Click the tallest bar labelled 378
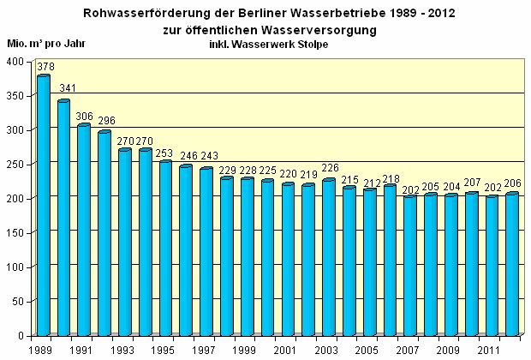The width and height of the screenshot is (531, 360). point(43,206)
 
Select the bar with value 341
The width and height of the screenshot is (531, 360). point(63,219)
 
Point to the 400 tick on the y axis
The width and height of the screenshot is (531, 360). point(15,62)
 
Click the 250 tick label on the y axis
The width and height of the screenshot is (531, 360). point(15,165)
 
